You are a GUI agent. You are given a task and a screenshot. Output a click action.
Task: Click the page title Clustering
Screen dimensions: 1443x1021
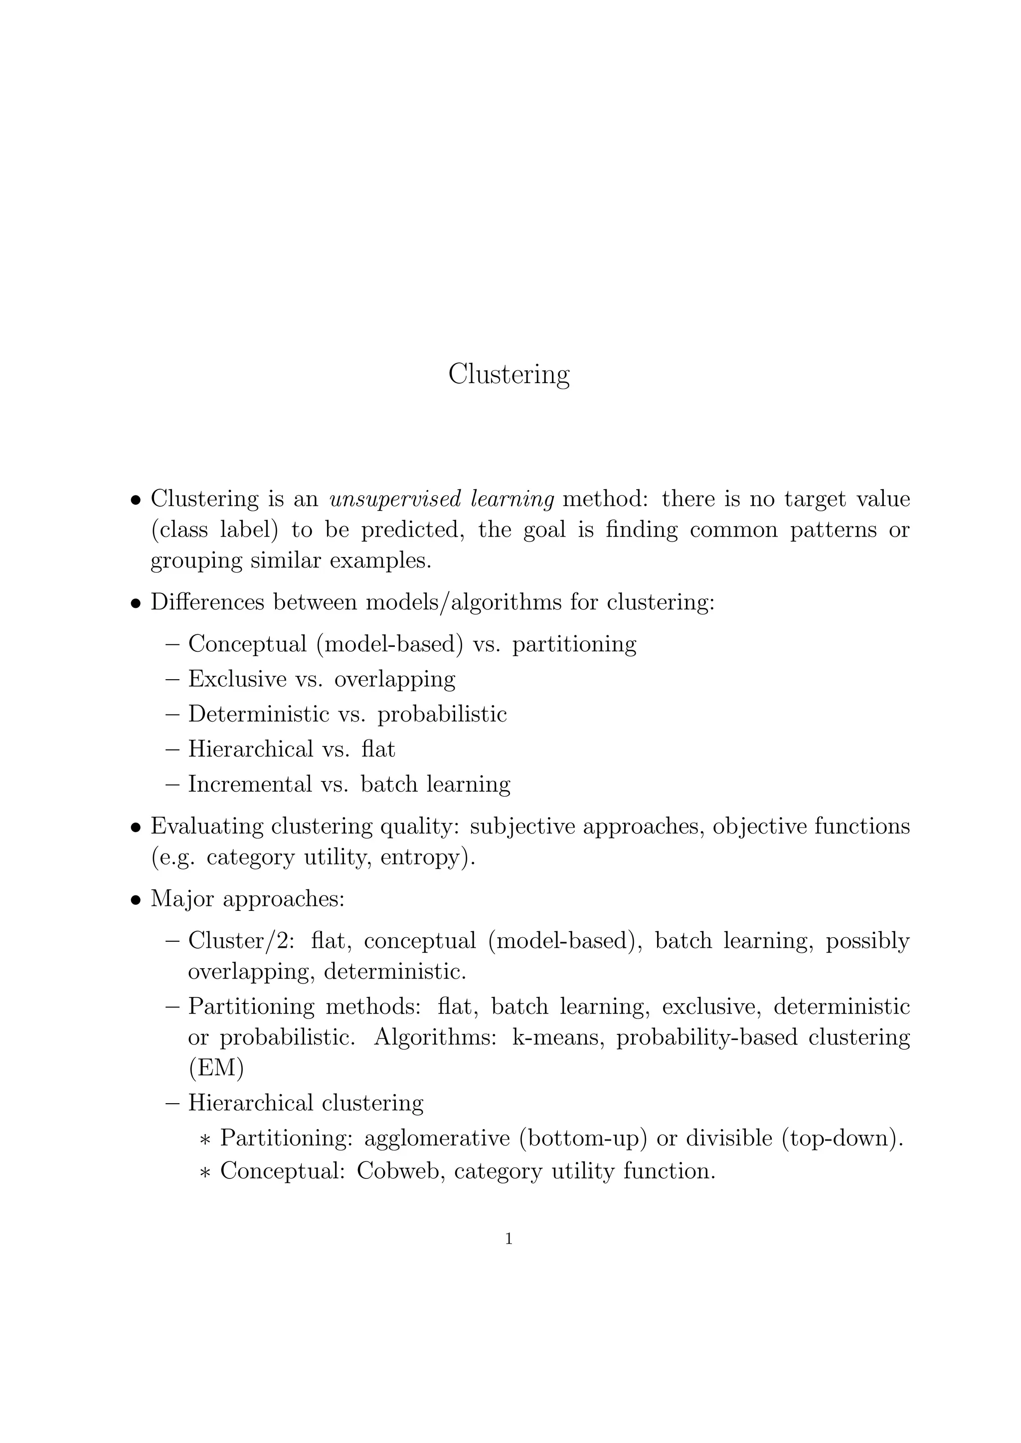coord(509,375)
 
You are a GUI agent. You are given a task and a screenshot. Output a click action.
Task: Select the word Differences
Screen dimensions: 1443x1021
coord(207,602)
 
